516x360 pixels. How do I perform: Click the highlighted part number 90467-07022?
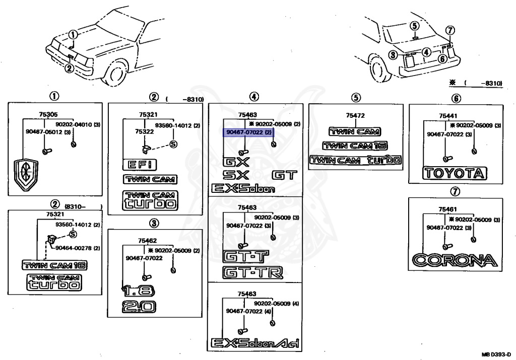[x=244, y=132]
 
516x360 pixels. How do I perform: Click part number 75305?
[x=48, y=114]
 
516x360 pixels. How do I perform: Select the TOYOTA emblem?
[x=455, y=173]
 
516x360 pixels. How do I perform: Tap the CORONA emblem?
[x=455, y=260]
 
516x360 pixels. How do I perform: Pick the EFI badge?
[x=140, y=165]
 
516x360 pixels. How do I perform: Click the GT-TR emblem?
[x=253, y=272]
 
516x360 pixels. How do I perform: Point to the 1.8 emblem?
[x=138, y=291]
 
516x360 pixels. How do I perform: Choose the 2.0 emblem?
[x=139, y=307]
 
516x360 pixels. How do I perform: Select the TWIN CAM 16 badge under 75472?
[x=355, y=146]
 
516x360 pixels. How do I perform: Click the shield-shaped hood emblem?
[x=26, y=175]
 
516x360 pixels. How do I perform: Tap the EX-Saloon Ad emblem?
[x=254, y=343]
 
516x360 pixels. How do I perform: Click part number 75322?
[x=145, y=131]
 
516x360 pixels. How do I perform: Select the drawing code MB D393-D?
[x=496, y=355]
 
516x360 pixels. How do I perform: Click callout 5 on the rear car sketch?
[x=415, y=26]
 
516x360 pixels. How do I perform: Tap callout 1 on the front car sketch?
[x=74, y=35]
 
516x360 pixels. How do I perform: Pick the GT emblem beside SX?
[x=285, y=175]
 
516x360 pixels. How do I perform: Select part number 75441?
[x=448, y=116]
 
